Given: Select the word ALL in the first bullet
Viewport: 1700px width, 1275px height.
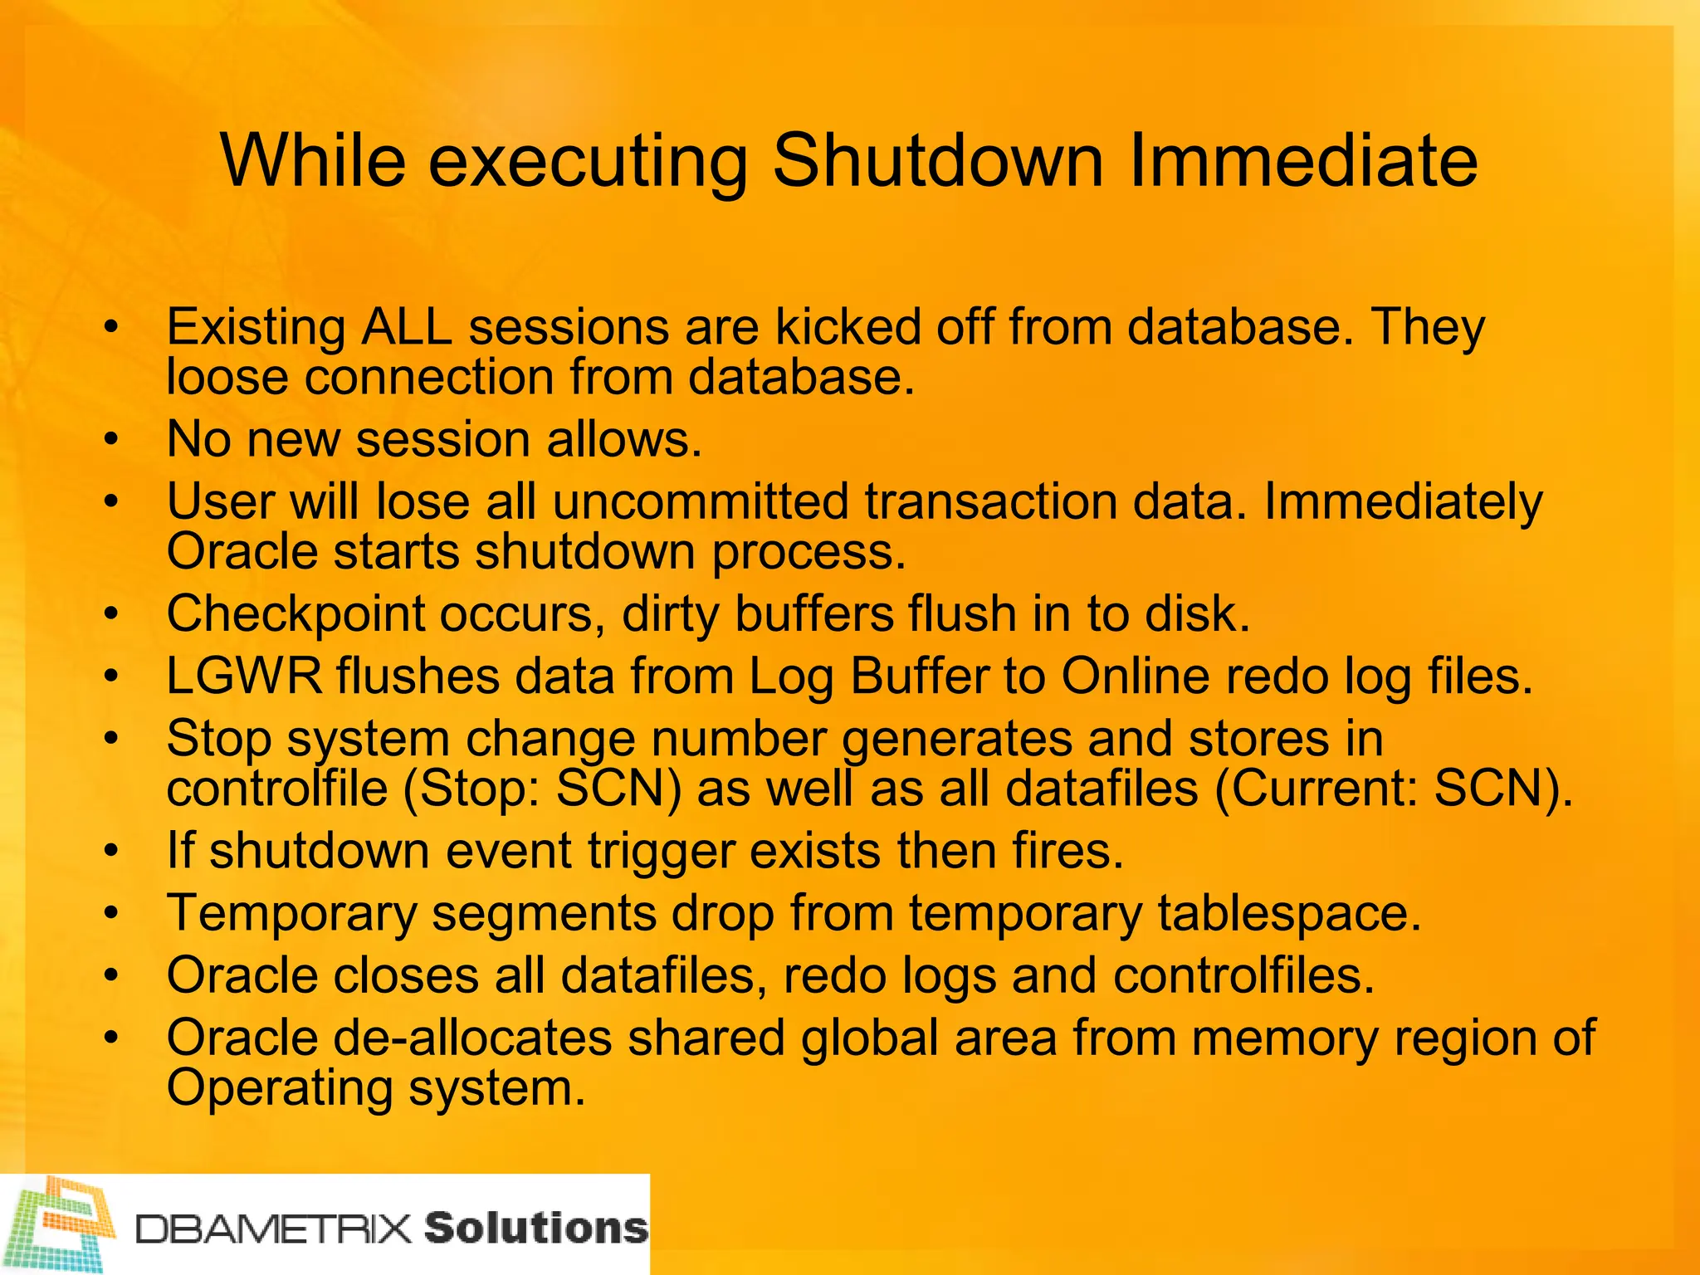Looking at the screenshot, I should coord(406,326).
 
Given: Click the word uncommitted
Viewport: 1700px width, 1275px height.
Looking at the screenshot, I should coord(700,502).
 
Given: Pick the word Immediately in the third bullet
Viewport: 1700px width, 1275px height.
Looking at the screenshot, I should coord(1403,502).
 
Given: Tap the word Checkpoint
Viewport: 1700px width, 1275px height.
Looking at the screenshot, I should coord(296,614).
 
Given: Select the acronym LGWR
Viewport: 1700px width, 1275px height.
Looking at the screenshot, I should coord(244,676).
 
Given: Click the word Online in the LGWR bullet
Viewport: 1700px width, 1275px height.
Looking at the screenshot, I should coord(1135,676).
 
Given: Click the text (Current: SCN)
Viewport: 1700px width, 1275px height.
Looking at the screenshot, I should coord(1393,789).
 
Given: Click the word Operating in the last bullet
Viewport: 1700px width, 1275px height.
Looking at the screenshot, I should coord(280,1088).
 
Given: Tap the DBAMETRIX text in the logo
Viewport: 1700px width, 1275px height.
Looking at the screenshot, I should coord(274,1229).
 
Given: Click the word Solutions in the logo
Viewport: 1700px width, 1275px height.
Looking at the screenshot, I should coord(535,1228).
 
